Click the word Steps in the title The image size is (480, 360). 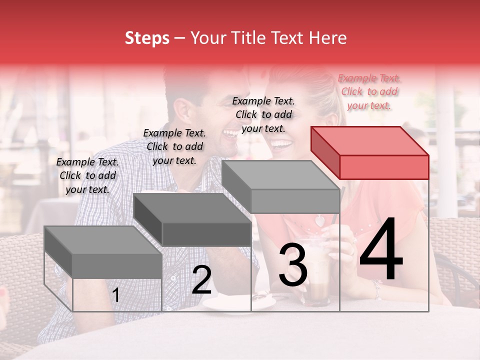pyautogui.click(x=147, y=38)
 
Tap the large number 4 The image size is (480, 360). pyautogui.click(x=381, y=251)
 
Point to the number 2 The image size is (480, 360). pyautogui.click(x=201, y=280)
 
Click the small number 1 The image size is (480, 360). pyautogui.click(x=116, y=295)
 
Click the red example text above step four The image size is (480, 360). pyautogui.click(x=369, y=91)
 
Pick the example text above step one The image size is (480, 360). pyautogui.click(x=87, y=175)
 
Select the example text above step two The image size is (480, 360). pyautogui.click(x=174, y=146)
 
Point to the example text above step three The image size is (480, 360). pyautogui.click(x=263, y=114)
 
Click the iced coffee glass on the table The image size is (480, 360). pyautogui.click(x=316, y=272)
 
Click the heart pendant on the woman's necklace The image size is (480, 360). pyautogui.click(x=318, y=220)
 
